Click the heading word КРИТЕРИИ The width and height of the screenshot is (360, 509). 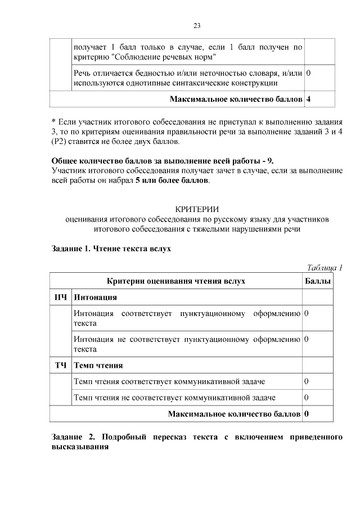(197, 209)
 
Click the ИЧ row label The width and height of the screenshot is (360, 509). (61, 296)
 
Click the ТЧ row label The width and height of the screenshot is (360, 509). (61, 366)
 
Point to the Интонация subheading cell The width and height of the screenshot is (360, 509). (96, 296)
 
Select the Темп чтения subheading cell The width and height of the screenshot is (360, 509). (98, 366)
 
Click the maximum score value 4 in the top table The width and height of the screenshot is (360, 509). (308, 99)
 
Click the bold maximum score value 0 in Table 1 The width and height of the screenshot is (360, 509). (307, 415)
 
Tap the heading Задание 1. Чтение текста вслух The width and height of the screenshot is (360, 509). (111, 249)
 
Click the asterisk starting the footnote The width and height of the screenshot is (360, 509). (53, 121)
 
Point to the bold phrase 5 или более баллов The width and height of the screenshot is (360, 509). (172, 181)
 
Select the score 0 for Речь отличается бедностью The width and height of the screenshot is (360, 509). (308, 74)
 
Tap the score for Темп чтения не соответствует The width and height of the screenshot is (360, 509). (307, 398)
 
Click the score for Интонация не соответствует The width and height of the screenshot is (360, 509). (307, 339)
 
